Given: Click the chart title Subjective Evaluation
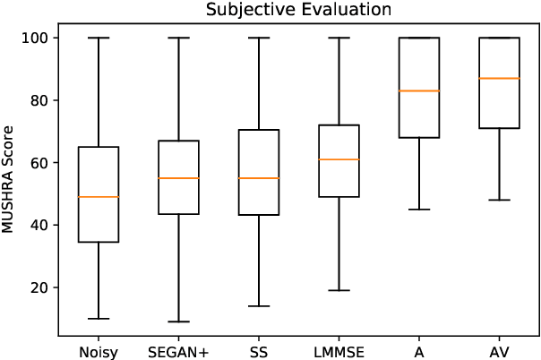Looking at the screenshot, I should pos(286,10).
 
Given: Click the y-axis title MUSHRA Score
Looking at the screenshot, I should pos(10,182).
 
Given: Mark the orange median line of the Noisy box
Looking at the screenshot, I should pos(99,197).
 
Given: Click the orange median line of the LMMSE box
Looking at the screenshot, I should pos(339,159).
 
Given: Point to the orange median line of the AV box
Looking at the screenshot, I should pos(499,79).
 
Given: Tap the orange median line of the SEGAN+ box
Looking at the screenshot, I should pos(178,178).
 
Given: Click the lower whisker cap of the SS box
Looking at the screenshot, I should pos(259,306).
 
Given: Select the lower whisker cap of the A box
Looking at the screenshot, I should pos(419,210).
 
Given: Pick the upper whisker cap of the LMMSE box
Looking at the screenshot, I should pos(339,39).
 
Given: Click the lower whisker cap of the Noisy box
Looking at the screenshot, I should pos(99,319).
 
